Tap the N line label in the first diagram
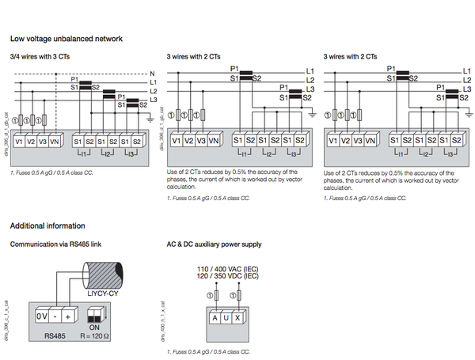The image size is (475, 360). (x=152, y=74)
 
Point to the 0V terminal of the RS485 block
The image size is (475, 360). (x=44, y=316)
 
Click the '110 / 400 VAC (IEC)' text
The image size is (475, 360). (x=227, y=270)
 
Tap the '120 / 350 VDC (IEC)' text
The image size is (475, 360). (x=227, y=277)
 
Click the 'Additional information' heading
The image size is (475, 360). (x=47, y=227)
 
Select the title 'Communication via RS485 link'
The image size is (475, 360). (x=55, y=244)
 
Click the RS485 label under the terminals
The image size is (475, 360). (x=53, y=335)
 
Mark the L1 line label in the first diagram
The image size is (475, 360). (x=153, y=82)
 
